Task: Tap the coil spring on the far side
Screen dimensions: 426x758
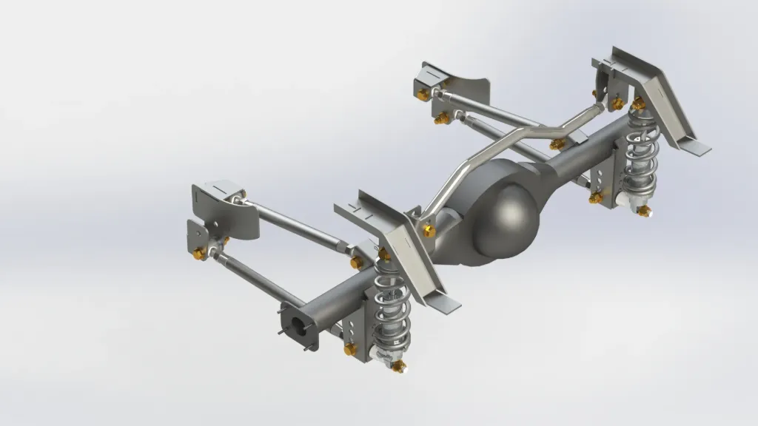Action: click(x=641, y=156)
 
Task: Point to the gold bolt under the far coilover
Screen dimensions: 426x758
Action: click(x=644, y=211)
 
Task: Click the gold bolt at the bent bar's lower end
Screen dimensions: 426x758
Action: click(x=429, y=231)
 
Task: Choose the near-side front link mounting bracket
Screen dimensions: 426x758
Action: click(x=222, y=211)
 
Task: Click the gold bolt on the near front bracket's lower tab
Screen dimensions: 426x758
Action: click(x=199, y=254)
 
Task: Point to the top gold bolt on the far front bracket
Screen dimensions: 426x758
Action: click(x=423, y=95)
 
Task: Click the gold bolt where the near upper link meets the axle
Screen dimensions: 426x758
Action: click(x=357, y=263)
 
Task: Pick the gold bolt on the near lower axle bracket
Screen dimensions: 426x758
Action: click(x=350, y=348)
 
